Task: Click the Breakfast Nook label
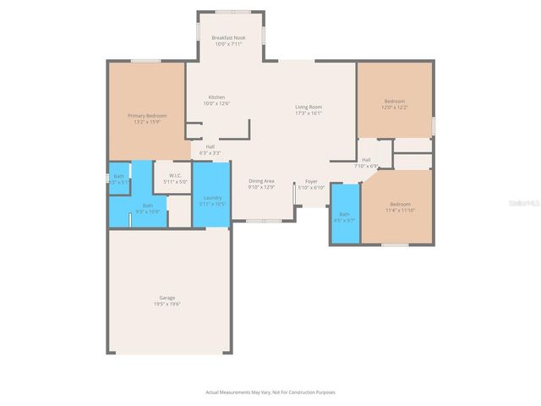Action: pyautogui.click(x=228, y=38)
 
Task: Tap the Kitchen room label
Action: pyautogui.click(x=216, y=97)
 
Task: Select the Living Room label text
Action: pyautogui.click(x=309, y=107)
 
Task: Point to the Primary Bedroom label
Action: pyautogui.click(x=147, y=115)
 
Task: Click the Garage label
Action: pyautogui.click(x=167, y=298)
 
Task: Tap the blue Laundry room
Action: pyautogui.click(x=212, y=198)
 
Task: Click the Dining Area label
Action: pyautogui.click(x=261, y=181)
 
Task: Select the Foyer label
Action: pyautogui.click(x=311, y=182)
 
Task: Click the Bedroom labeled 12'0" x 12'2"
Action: pyautogui.click(x=394, y=101)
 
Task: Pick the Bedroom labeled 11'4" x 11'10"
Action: pyautogui.click(x=400, y=204)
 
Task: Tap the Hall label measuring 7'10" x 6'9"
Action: pyautogui.click(x=366, y=160)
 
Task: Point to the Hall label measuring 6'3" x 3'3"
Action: pyautogui.click(x=210, y=146)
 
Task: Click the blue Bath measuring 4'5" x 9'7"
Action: pyautogui.click(x=344, y=215)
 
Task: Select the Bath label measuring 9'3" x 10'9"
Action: pyautogui.click(x=147, y=206)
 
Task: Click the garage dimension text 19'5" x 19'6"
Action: pyautogui.click(x=167, y=303)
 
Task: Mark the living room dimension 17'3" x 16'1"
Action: pyautogui.click(x=309, y=112)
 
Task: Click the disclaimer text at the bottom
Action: pyautogui.click(x=270, y=392)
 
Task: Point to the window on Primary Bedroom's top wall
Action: pyautogui.click(x=146, y=61)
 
